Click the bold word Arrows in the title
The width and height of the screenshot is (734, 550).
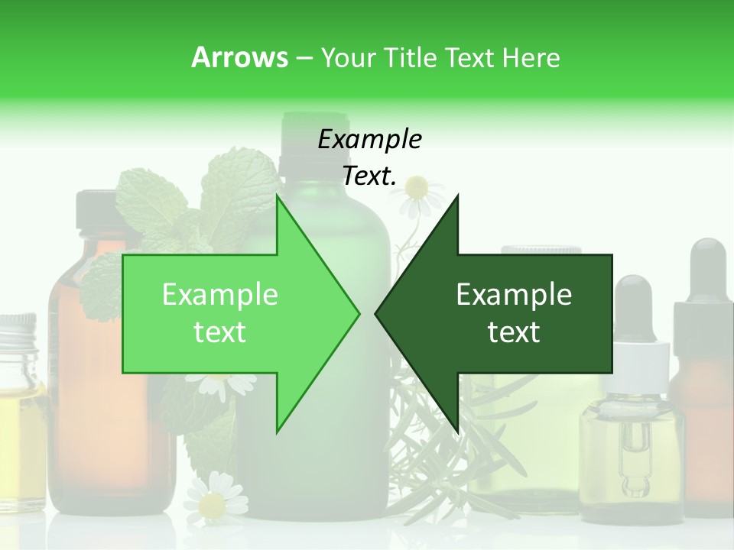click(x=239, y=57)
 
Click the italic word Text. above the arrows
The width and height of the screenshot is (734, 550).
click(x=369, y=176)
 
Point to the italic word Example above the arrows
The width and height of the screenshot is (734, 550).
click(x=369, y=140)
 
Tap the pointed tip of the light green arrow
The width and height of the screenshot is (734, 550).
click(x=356, y=313)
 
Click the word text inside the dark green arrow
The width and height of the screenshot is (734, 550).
click(x=514, y=332)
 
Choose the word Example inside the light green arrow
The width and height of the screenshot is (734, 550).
click(x=220, y=295)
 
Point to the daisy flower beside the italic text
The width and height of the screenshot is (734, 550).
click(x=417, y=186)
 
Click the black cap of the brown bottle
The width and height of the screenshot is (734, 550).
click(x=96, y=210)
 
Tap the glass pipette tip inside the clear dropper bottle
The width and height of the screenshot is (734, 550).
click(x=633, y=481)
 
